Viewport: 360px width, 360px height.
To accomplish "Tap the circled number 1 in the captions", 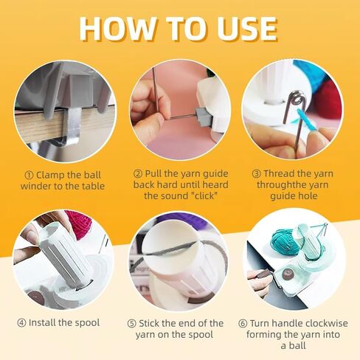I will (28, 173).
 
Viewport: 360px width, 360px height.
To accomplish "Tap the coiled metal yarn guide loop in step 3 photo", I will (294, 100).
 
